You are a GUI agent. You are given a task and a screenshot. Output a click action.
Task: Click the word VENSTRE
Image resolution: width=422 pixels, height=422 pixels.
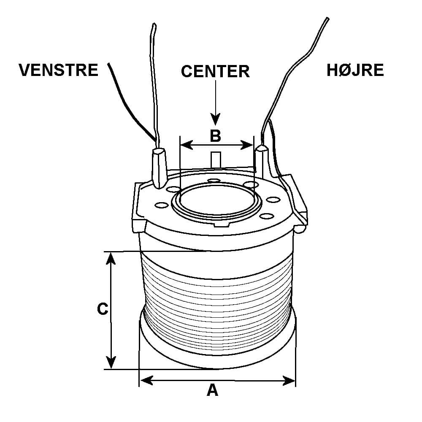click(58, 70)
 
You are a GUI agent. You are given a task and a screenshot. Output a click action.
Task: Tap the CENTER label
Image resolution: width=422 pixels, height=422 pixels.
click(215, 71)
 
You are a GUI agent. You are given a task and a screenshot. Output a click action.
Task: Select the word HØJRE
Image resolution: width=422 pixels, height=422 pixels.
click(355, 70)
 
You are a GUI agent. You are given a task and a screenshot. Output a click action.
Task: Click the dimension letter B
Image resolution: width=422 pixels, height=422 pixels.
click(215, 136)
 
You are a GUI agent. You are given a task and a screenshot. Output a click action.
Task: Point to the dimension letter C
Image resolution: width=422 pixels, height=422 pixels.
click(103, 309)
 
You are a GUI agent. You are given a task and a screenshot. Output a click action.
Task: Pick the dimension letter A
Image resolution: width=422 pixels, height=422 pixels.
click(212, 390)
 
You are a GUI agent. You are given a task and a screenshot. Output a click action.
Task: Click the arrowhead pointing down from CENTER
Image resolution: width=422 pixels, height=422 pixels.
click(215, 120)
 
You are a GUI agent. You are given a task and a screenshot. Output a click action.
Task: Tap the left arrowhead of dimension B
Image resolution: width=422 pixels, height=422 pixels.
click(186, 145)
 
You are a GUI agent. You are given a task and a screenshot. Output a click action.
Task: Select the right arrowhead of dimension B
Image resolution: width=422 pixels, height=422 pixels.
click(247, 145)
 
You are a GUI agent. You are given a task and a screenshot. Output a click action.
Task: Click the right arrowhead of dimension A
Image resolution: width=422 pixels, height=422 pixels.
click(289, 381)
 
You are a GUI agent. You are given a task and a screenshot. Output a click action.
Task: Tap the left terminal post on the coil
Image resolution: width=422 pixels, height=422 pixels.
click(160, 168)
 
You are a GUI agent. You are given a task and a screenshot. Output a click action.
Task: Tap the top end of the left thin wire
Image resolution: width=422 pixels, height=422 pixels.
click(154, 24)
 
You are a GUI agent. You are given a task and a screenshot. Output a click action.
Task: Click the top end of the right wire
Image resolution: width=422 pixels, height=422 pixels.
click(327, 19)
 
